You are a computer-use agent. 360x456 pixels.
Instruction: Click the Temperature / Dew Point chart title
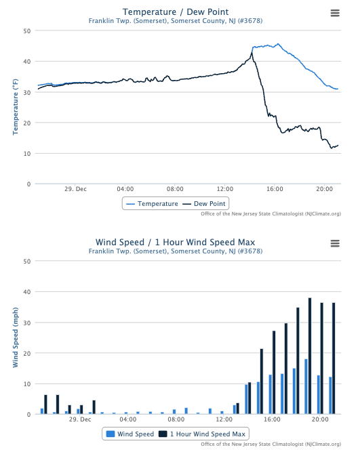(x=176, y=12)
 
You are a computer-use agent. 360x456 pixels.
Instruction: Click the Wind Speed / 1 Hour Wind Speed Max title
(x=176, y=242)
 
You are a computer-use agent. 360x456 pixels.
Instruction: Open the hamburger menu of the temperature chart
(x=335, y=13)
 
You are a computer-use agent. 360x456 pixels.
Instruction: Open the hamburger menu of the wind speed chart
(x=335, y=243)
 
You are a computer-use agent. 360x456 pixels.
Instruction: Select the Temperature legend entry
(x=153, y=203)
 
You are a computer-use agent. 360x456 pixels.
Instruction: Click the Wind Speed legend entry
(x=129, y=434)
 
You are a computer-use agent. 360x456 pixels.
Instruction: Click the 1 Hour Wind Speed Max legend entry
(x=201, y=434)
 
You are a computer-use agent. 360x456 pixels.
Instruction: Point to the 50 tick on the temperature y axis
(x=26, y=31)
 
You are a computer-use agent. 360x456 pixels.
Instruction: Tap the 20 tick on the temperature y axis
(x=26, y=123)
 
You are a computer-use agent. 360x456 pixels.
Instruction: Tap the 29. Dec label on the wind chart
(x=79, y=419)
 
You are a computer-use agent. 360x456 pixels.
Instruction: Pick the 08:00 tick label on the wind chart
(x=176, y=419)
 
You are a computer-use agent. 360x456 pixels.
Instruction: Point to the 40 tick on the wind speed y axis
(x=26, y=292)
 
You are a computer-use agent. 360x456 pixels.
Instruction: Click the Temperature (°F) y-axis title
(x=16, y=107)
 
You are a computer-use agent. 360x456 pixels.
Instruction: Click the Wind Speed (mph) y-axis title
(x=16, y=337)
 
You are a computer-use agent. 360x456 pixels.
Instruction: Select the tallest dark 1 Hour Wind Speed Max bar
(x=310, y=356)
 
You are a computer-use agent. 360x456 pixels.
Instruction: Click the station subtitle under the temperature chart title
(x=176, y=21)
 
